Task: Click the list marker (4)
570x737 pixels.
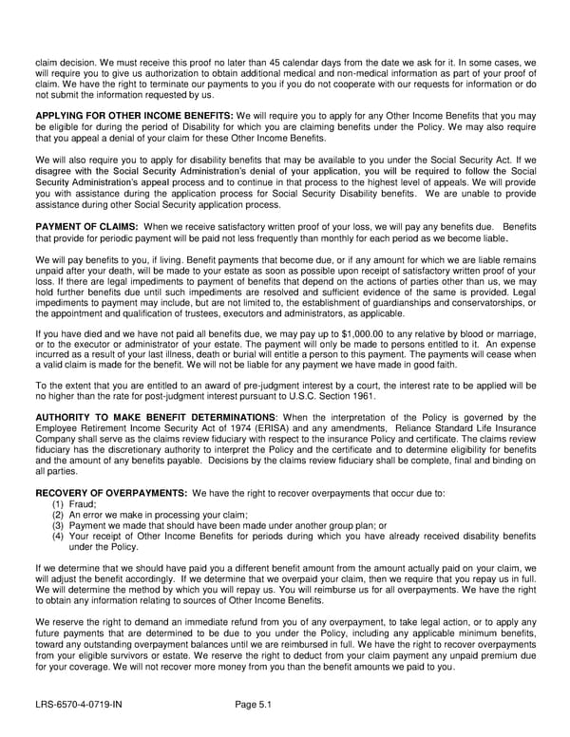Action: coord(58,536)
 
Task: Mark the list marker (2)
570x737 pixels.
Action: coord(58,515)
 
